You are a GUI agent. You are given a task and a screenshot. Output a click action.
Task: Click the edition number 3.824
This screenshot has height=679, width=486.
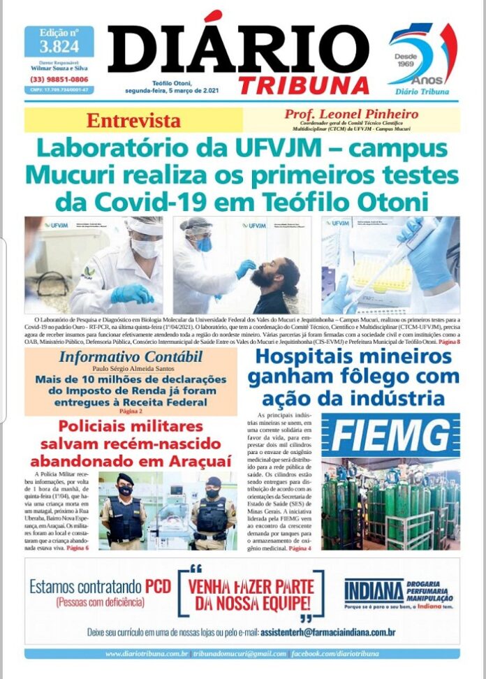tap(59, 47)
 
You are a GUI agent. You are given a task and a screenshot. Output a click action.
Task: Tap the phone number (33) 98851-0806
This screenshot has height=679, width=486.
tap(59, 80)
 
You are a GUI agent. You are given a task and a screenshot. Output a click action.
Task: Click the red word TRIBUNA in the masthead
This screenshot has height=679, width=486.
tap(304, 84)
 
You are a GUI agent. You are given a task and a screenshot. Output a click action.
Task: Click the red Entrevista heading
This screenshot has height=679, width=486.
tap(133, 120)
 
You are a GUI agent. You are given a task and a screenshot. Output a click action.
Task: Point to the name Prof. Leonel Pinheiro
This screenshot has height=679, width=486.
tap(351, 114)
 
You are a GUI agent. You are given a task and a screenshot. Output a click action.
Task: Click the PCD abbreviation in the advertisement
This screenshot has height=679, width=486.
tap(157, 587)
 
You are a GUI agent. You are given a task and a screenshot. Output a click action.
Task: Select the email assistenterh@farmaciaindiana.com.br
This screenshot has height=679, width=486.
tap(327, 632)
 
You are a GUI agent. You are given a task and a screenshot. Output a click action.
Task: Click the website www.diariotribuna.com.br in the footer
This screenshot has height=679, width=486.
tap(147, 654)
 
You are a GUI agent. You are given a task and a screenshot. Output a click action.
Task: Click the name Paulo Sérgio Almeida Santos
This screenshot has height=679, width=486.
tap(131, 369)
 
